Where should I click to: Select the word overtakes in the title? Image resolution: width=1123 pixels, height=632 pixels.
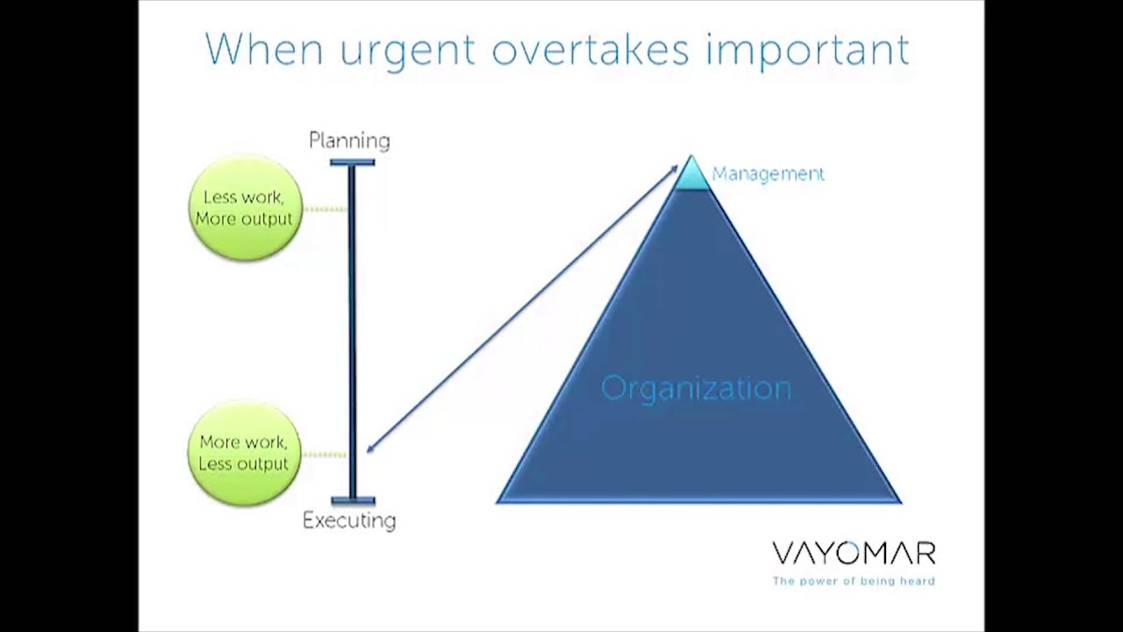[590, 50]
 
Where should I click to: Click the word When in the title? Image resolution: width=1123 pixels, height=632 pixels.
[264, 50]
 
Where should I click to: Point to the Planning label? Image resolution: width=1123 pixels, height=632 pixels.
[349, 140]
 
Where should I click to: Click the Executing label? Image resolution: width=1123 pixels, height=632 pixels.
[349, 521]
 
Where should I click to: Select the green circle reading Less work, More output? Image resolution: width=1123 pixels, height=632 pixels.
[245, 208]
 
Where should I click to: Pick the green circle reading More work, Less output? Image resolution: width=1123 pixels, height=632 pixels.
[244, 454]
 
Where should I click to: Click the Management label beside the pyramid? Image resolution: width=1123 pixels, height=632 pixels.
[768, 174]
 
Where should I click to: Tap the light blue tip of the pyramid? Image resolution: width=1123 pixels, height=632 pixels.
[691, 175]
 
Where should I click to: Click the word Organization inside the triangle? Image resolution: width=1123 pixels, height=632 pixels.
[696, 388]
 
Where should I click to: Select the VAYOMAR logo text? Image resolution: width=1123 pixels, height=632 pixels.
[854, 554]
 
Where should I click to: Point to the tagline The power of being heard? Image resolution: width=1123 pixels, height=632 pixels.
[854, 581]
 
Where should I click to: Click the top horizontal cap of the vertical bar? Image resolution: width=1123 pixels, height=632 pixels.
[352, 162]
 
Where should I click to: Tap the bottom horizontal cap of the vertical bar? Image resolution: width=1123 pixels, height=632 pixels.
[352, 501]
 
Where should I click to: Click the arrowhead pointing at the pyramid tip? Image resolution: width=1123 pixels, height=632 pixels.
[673, 167]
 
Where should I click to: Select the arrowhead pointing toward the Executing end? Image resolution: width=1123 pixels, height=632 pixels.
[370, 449]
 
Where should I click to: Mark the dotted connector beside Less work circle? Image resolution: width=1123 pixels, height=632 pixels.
[325, 209]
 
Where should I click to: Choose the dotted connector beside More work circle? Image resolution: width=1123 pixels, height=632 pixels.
[324, 455]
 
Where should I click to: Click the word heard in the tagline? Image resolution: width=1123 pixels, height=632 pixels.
[918, 581]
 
